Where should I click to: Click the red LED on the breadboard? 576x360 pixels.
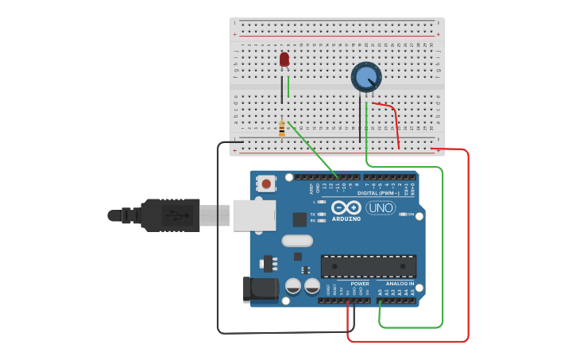pos(284,60)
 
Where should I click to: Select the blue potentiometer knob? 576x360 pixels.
pos(366,77)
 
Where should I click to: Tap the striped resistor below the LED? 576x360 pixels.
pos(282,128)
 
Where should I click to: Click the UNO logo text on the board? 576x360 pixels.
pos(381,207)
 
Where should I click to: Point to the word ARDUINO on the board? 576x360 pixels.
pos(346,219)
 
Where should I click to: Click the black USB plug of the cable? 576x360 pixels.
pos(170,215)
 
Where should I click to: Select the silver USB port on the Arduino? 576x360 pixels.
pos(253,215)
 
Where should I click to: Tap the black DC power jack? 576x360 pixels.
pos(260,290)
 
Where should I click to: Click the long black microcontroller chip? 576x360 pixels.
pos(369,266)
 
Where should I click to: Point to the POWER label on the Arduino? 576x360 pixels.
pos(360,284)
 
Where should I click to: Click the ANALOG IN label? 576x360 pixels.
pos(400,284)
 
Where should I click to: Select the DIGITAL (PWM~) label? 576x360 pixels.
pos(378,193)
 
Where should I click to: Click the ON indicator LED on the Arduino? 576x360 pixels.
pos(403,215)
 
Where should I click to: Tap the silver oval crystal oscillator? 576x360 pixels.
pos(297,241)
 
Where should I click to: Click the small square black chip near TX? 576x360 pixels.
pos(300,219)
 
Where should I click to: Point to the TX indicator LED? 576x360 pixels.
pos(320,215)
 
